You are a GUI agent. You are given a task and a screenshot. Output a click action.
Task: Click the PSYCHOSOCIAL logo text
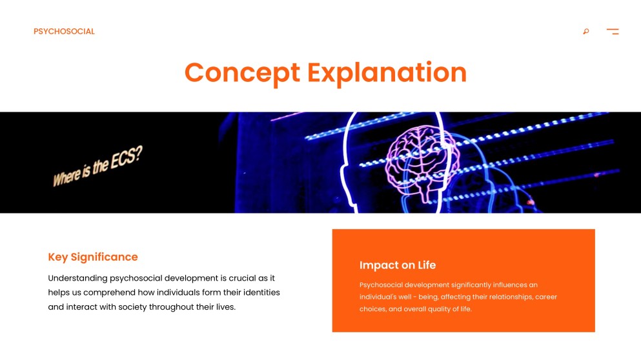click(x=64, y=32)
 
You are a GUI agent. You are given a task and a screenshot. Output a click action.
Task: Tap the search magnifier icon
click(x=586, y=32)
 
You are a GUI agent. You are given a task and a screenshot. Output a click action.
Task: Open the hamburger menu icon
click(x=613, y=32)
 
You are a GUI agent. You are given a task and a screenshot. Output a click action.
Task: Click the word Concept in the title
click(x=242, y=72)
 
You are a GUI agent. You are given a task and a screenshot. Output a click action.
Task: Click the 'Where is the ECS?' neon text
click(x=97, y=166)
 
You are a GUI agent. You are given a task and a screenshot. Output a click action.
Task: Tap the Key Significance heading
click(x=93, y=257)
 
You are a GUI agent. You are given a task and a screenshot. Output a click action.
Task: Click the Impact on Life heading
click(x=398, y=265)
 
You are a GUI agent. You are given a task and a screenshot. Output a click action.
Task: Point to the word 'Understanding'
click(x=77, y=278)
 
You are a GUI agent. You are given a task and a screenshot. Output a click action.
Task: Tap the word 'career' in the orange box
click(x=546, y=297)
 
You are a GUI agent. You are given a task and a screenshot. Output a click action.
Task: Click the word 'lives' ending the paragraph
click(x=223, y=306)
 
